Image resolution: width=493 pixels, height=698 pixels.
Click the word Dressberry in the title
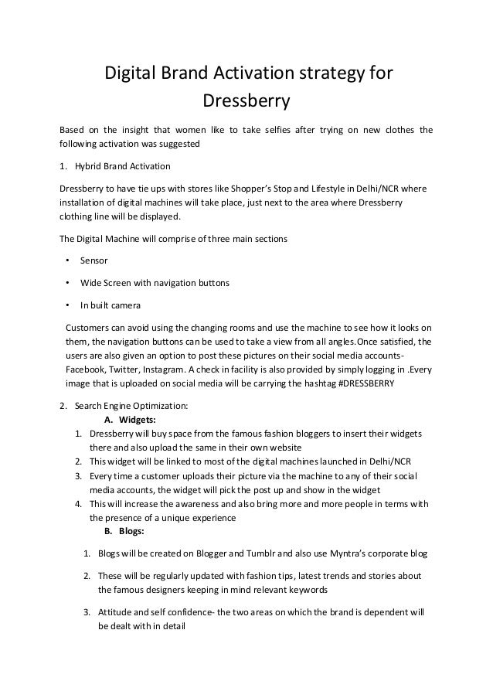tap(246, 100)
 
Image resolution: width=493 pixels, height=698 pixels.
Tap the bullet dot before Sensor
tap(69, 261)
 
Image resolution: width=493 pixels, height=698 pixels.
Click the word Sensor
tap(94, 261)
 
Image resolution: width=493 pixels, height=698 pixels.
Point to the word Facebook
tap(86, 369)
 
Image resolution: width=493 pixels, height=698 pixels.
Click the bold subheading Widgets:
tap(136, 420)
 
